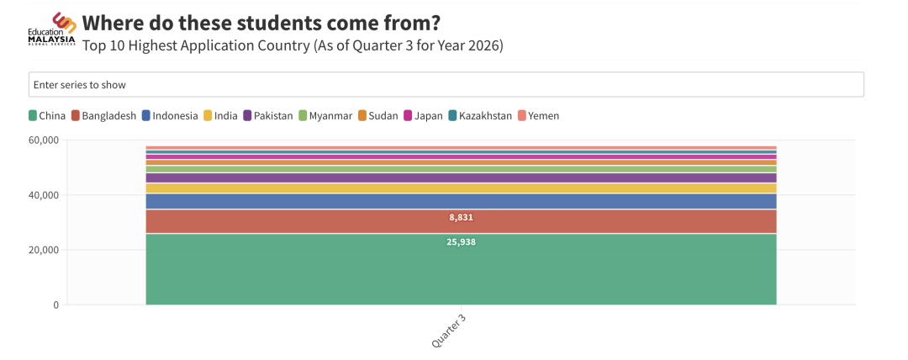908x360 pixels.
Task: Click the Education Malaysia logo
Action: coord(51,29)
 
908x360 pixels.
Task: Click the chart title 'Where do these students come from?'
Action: coord(261,24)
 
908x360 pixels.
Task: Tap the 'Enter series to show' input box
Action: coord(446,85)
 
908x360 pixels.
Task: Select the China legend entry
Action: coord(47,116)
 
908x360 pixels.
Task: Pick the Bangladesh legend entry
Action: coord(103,116)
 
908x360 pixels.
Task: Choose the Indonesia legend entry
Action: coord(170,116)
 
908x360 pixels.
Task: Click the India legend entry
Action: coord(220,116)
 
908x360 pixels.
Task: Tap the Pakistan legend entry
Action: coord(267,116)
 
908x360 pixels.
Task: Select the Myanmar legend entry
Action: coord(325,116)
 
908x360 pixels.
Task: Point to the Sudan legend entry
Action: coord(377,116)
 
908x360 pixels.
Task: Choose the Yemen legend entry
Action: coord(538,116)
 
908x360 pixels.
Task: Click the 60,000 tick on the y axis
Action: coord(44,140)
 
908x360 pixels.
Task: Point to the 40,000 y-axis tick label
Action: coord(44,195)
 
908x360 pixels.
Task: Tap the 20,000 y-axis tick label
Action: coord(44,250)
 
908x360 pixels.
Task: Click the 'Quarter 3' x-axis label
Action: coord(449,331)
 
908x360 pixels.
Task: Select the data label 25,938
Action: coord(461,242)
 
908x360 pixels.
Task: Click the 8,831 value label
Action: coord(461,218)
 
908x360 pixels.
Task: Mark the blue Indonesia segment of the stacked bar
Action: coord(461,201)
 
